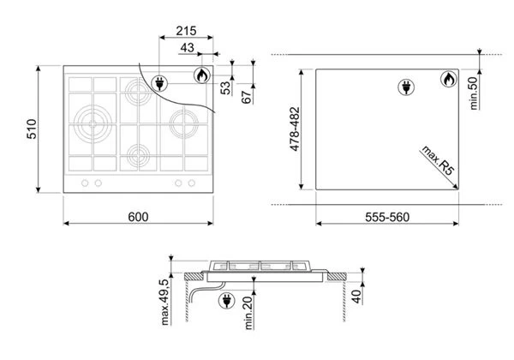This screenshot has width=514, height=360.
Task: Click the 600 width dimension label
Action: (138, 217)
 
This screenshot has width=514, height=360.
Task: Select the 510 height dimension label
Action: (32, 129)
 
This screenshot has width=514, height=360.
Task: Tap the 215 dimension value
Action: (186, 31)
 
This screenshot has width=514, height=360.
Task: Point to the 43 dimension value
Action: (187, 48)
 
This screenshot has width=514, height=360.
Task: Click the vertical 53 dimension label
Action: (225, 88)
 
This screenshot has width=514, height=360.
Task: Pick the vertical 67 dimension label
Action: (246, 97)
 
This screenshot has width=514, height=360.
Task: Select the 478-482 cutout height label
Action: (295, 129)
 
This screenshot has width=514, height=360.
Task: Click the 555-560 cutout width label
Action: (387, 217)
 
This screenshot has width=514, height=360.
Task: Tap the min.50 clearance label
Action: (474, 93)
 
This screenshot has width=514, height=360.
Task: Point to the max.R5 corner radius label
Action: (438, 160)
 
